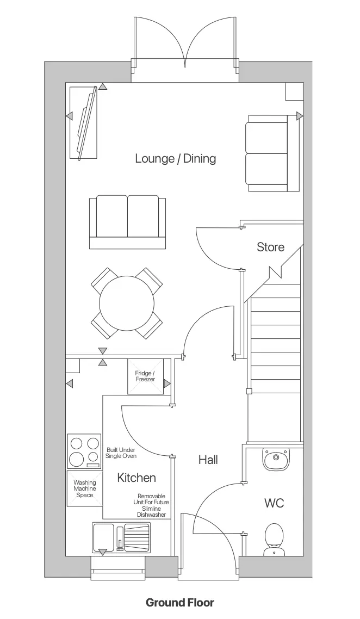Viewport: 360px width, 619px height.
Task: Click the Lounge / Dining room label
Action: (x=175, y=159)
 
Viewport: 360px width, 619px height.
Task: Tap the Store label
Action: (x=270, y=247)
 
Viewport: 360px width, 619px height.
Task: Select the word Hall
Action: (x=208, y=460)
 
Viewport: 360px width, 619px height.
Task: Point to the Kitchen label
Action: (x=136, y=478)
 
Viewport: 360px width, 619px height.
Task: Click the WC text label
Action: (x=274, y=503)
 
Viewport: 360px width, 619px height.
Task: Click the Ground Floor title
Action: (x=179, y=602)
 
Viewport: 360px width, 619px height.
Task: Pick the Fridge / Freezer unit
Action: (x=145, y=376)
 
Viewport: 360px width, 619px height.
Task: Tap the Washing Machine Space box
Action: (x=84, y=488)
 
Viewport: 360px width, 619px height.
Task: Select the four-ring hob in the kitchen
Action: (x=84, y=451)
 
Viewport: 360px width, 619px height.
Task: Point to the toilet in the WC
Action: (x=274, y=538)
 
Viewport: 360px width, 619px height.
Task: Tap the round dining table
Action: (x=126, y=303)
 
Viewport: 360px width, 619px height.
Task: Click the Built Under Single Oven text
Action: (x=121, y=453)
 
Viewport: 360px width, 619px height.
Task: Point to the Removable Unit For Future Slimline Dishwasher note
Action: (x=153, y=505)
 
